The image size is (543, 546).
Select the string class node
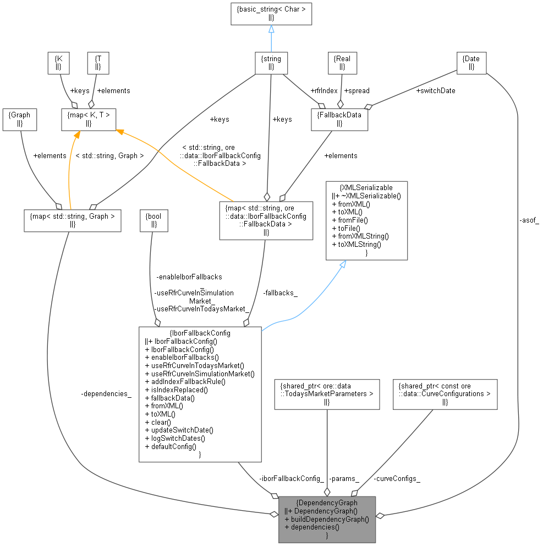click(x=271, y=63)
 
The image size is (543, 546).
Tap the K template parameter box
click(x=58, y=63)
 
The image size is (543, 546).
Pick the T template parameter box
click(x=98, y=63)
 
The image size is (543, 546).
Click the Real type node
click(x=342, y=63)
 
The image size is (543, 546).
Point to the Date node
click(x=471, y=63)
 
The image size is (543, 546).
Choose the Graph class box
click(x=20, y=120)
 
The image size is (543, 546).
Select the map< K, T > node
click(x=88, y=120)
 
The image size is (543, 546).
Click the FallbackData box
click(x=339, y=120)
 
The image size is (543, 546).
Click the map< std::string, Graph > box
click(x=73, y=220)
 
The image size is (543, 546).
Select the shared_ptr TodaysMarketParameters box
click(x=327, y=394)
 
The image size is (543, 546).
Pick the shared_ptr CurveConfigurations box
click(x=445, y=394)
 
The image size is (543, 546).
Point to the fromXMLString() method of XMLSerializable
click(x=360, y=236)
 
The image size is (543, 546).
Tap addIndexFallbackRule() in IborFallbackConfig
click(x=185, y=381)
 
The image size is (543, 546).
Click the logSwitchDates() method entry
click(x=174, y=438)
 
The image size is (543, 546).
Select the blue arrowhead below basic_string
click(x=271, y=29)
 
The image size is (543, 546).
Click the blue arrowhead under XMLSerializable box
click(x=342, y=265)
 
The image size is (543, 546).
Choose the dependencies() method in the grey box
click(x=312, y=527)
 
